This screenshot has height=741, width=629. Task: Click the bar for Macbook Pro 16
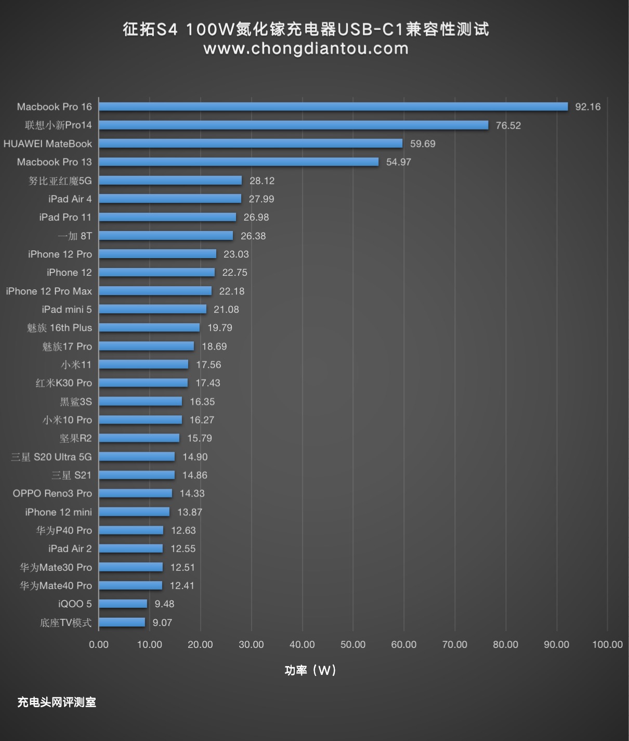[x=333, y=107]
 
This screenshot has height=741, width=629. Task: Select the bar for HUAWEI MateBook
[x=251, y=144]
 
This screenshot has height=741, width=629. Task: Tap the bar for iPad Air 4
[x=170, y=199]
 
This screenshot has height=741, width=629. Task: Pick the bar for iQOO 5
[x=123, y=604]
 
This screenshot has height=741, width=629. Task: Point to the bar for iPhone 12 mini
[x=134, y=512]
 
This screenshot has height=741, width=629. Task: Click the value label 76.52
[x=508, y=125]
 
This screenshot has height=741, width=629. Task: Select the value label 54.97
[x=398, y=162]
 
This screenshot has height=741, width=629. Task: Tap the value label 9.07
[x=162, y=622]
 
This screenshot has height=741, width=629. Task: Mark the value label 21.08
[x=226, y=310]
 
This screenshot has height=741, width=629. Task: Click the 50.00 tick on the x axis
[x=353, y=645]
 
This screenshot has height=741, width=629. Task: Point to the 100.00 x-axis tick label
[x=607, y=645]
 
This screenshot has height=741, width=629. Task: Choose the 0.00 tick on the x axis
[x=99, y=645]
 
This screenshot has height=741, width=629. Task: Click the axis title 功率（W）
[x=310, y=670]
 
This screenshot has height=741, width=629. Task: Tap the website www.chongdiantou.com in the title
[x=306, y=48]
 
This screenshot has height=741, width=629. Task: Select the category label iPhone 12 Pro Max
[x=49, y=291]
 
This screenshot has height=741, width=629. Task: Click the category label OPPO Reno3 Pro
[x=53, y=493]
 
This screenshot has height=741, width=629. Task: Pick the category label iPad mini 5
[x=67, y=310]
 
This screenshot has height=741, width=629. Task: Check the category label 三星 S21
[x=71, y=475]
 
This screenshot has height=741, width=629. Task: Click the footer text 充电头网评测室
[x=57, y=702]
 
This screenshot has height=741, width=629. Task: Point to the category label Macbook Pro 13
[x=54, y=162]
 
